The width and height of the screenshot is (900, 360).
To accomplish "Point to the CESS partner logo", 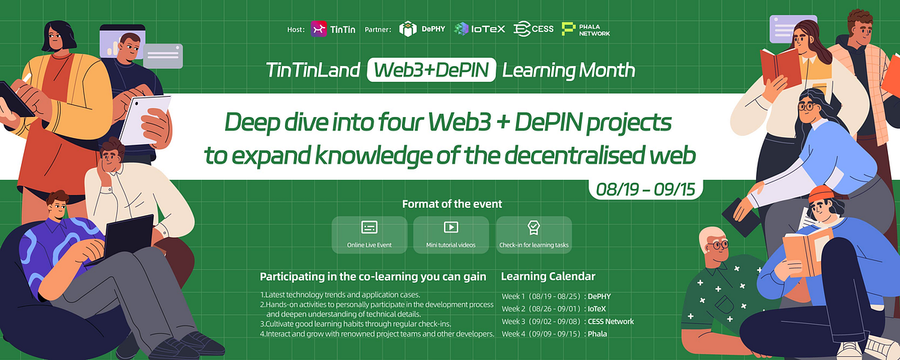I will click(x=534, y=29).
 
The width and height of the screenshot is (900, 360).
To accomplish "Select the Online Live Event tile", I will click(x=369, y=234).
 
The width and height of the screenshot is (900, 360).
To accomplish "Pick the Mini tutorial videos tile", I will click(x=451, y=234).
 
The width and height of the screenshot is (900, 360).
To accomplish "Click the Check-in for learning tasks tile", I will click(x=533, y=234).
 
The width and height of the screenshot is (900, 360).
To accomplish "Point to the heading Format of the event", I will click(x=451, y=204).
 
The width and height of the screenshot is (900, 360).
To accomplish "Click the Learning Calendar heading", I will click(x=547, y=277).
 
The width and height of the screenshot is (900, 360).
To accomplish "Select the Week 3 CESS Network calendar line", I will click(x=567, y=321).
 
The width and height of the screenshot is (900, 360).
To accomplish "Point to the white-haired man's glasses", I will click(x=718, y=244).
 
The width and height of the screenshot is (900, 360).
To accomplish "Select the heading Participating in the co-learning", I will click(x=373, y=277).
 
